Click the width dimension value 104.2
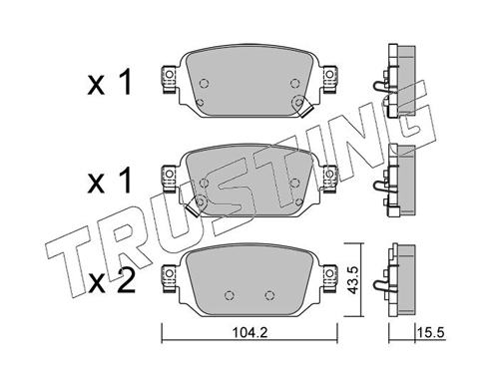pyautogui.click(x=249, y=333)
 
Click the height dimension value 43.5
pyautogui.click(x=353, y=279)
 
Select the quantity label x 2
pyautogui.click(x=111, y=281)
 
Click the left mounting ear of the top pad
pyautogui.click(x=169, y=79)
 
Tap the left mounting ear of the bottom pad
pyautogui.click(x=169, y=278)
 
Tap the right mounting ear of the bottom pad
pyautogui.click(x=329, y=278)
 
